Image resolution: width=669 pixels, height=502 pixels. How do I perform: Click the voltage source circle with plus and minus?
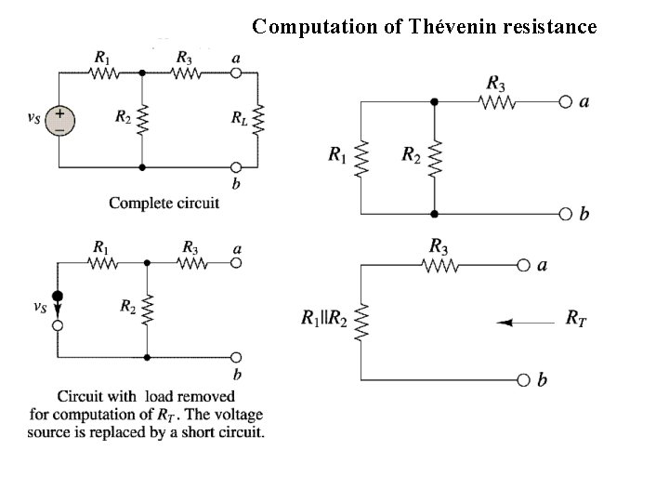(59, 121)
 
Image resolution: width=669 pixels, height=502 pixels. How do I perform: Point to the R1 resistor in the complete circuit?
(101, 72)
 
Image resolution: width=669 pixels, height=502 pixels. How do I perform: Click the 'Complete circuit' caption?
(164, 202)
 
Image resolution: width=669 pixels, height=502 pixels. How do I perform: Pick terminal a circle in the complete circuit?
(236, 72)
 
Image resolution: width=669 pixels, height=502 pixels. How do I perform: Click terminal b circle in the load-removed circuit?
(236, 357)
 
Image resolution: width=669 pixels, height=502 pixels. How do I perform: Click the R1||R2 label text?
(324, 319)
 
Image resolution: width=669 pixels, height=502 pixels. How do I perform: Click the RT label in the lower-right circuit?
(576, 320)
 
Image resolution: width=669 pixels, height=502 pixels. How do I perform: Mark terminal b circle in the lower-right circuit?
(523, 379)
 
